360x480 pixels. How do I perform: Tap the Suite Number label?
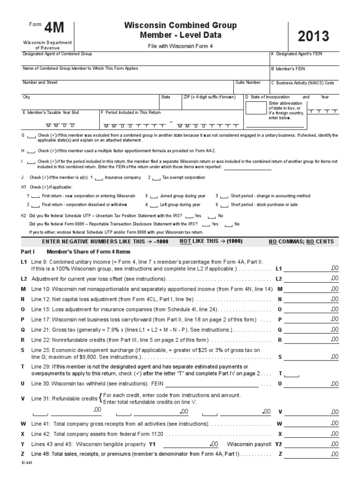point(248,82)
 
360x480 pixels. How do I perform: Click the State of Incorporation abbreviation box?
point(255,108)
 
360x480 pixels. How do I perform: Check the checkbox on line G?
point(31,136)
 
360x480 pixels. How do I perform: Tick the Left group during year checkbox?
point(153,205)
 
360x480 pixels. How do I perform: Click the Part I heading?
point(31,252)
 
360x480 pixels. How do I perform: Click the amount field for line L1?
point(310,270)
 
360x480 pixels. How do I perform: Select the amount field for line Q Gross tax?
point(310,330)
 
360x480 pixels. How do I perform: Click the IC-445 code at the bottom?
point(27,462)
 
